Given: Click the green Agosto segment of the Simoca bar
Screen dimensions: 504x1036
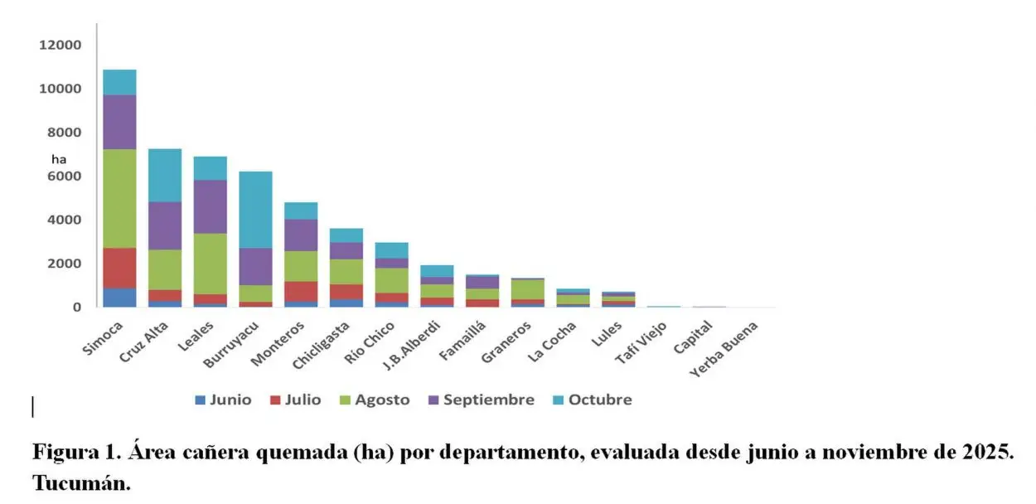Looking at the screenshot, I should point(119,198).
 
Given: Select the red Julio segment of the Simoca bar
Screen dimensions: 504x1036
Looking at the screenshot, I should point(119,268).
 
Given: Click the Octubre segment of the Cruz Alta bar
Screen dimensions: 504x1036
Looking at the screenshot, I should point(165,175).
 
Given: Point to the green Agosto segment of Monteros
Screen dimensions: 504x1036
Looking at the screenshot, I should point(300,266).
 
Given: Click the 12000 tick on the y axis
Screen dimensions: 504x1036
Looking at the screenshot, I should point(61,45).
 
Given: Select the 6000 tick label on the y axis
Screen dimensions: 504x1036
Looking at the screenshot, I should point(65,176).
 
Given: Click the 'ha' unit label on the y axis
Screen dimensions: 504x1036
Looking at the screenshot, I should point(59,158).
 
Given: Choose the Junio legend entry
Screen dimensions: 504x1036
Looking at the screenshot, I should point(223,400).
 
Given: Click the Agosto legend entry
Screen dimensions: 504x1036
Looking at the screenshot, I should point(374,400).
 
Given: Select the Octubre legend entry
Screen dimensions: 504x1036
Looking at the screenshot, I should point(593,400).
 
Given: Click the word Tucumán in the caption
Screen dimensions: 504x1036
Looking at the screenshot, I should point(81,482).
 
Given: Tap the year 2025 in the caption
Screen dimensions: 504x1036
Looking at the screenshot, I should point(988,453).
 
